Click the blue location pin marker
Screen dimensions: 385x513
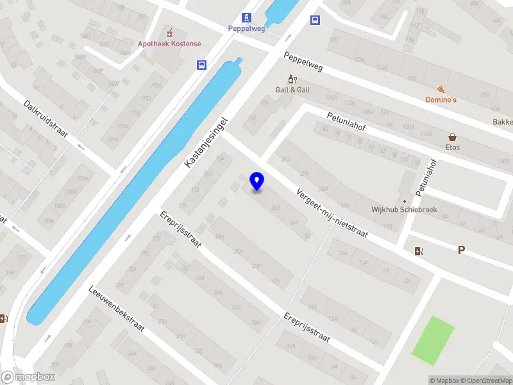coord(257,182)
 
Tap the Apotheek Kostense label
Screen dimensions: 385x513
coord(169,44)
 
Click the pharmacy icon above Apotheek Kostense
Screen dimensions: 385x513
coord(169,32)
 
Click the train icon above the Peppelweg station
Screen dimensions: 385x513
coord(246,17)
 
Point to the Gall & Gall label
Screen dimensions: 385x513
coord(292,90)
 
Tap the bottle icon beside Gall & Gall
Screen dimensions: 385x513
coord(292,79)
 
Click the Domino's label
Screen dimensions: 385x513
coord(441,99)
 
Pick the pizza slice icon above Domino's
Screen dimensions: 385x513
coord(441,89)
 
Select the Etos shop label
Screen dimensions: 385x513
coord(453,148)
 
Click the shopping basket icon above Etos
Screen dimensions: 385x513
coord(453,137)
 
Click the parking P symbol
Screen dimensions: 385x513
coord(460,250)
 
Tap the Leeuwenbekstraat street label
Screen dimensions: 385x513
coord(117,308)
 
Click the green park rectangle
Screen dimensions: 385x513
coord(432,338)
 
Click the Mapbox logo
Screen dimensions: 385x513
coord(28,377)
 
